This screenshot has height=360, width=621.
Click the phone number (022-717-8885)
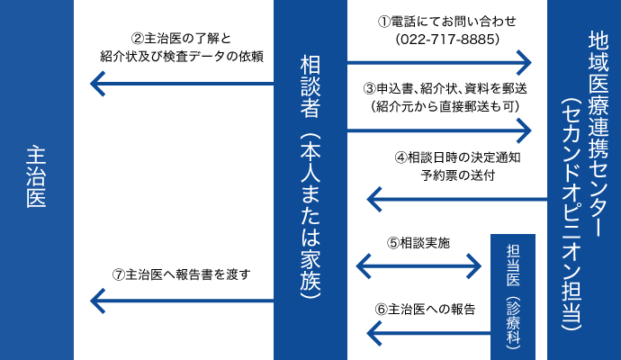[x=447, y=40]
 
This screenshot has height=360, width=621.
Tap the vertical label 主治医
[x=36, y=176]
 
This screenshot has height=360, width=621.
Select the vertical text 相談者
[x=310, y=86]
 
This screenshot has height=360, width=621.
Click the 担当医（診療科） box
[x=513, y=297]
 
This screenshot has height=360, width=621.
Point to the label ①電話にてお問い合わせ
[x=447, y=21]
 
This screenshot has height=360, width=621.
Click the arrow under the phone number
[x=439, y=63]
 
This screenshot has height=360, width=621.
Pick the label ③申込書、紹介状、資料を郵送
[x=445, y=89]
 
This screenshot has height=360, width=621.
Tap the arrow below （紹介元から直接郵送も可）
[x=439, y=130]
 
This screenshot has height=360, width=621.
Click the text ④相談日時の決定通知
[x=457, y=157]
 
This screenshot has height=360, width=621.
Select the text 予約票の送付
[x=458, y=175]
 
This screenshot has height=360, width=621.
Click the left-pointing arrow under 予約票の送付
[x=457, y=199]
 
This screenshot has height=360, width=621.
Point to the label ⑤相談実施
[x=418, y=243]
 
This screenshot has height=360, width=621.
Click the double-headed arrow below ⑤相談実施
[x=418, y=266]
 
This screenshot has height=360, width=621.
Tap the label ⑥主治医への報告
[x=425, y=309]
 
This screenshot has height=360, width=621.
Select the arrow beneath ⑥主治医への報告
[x=429, y=333]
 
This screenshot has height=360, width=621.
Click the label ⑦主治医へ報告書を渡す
[x=182, y=274]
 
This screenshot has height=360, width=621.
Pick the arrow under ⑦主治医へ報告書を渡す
[x=182, y=301]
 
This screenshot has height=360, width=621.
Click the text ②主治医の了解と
[x=182, y=39]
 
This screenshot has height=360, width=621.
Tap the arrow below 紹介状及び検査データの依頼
[x=182, y=84]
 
